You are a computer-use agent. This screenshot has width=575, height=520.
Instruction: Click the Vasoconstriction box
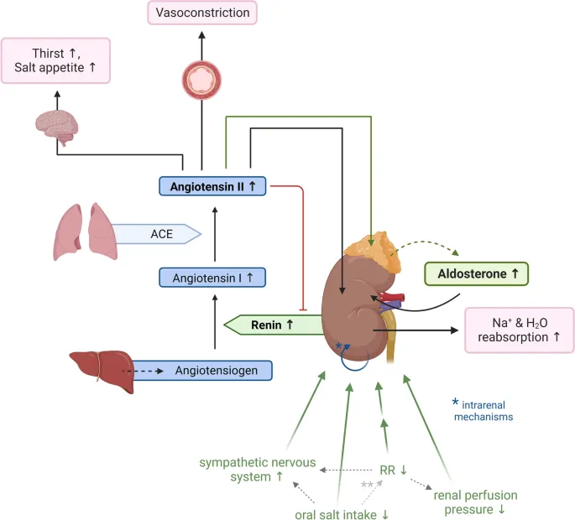coord(201,13)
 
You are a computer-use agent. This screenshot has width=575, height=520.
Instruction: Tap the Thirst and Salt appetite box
coord(56,60)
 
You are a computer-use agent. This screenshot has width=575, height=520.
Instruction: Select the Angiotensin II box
coord(212,185)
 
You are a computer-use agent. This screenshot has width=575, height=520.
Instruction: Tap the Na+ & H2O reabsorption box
coord(520,329)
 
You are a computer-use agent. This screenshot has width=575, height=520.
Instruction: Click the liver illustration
coord(97,367)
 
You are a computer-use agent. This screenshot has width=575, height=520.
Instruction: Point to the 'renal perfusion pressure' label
coord(475,501)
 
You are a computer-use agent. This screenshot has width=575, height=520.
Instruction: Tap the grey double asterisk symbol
coord(367,484)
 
